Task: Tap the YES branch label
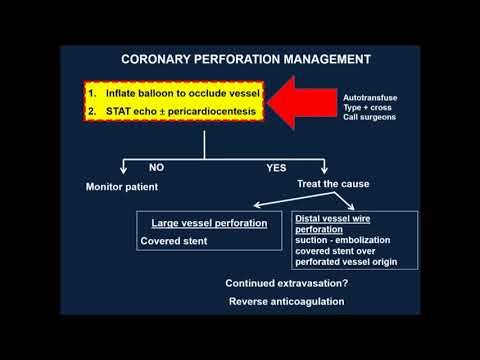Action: tap(277, 168)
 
